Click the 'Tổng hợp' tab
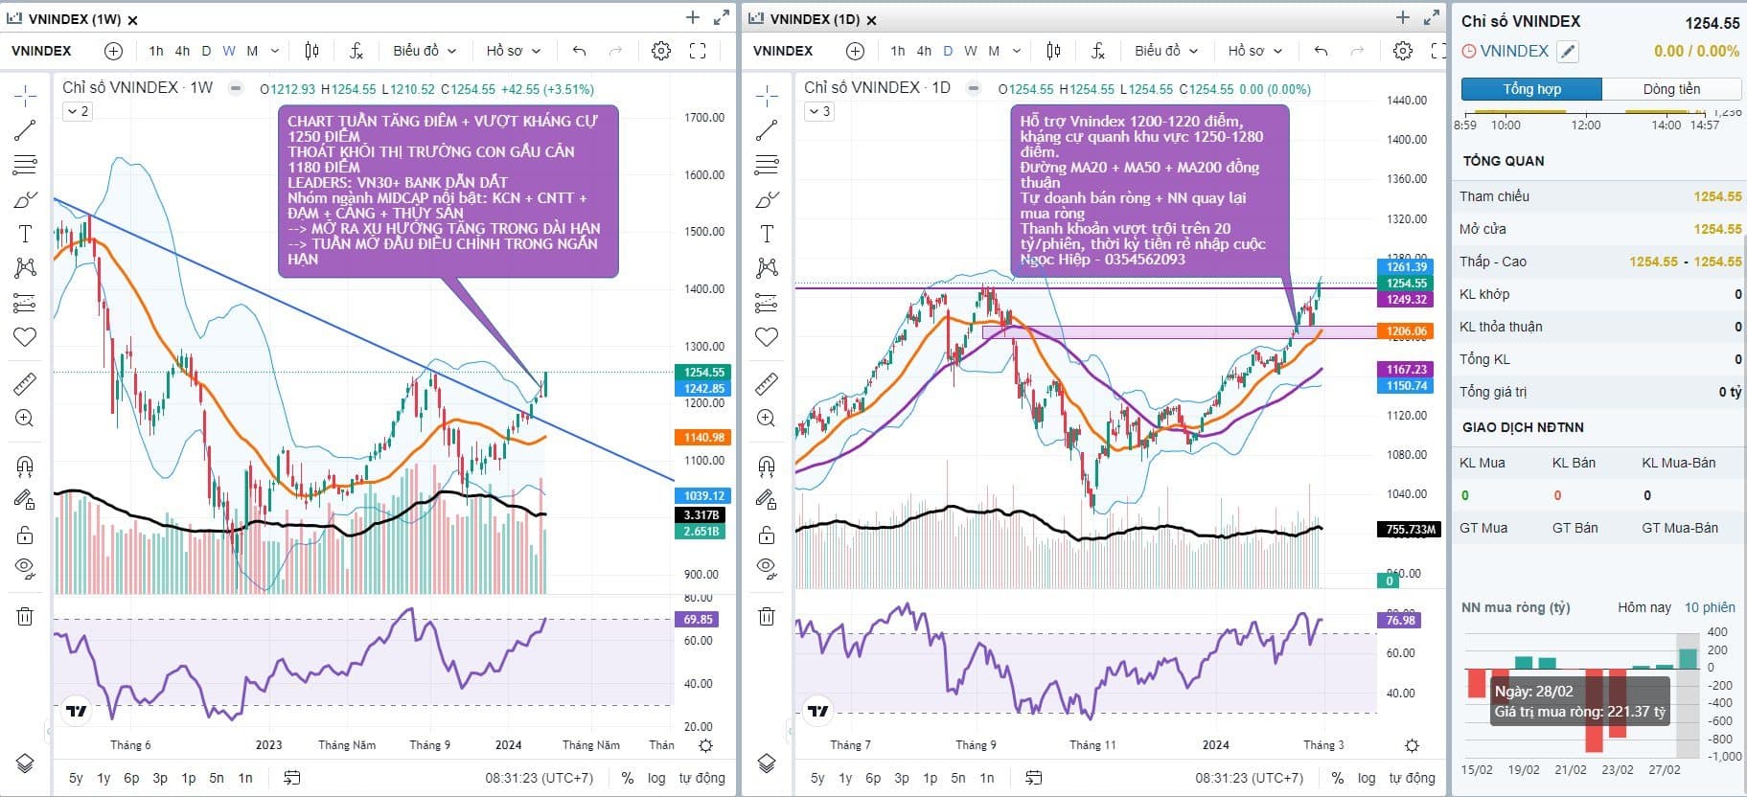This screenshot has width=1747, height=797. [1531, 89]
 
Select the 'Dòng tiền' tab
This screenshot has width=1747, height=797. [1671, 89]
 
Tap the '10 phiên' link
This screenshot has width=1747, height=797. [1710, 607]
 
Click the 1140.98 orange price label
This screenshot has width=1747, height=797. [704, 438]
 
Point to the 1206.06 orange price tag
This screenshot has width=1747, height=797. [1407, 331]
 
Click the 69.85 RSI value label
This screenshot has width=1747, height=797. [699, 620]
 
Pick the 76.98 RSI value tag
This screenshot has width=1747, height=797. [1400, 621]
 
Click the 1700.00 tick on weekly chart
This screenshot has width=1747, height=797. [703, 118]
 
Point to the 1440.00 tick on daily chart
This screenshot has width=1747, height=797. [1407, 101]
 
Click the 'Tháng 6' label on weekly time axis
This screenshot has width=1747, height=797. [130, 745]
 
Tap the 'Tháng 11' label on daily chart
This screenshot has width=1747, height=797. [1092, 745]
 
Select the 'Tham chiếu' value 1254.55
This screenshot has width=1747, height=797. [1716, 196]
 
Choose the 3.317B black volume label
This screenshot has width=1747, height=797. [701, 515]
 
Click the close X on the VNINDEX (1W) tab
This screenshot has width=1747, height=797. [132, 20]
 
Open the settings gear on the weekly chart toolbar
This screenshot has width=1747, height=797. [661, 51]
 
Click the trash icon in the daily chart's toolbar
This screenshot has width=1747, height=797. [767, 616]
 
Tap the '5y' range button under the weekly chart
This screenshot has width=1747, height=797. [76, 778]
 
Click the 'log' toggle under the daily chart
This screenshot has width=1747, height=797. [1367, 778]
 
